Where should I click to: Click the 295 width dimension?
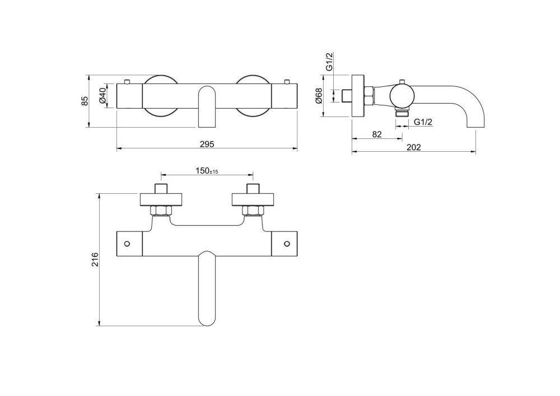tap(207, 144)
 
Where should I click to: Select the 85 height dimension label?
tap(85, 101)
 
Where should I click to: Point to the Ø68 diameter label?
tap(319, 96)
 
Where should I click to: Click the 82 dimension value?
tap(377, 134)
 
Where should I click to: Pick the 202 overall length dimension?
tap(414, 147)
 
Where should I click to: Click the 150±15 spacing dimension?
tap(207, 171)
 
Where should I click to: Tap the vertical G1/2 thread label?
tap(330, 62)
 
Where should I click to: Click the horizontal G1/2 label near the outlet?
tap(423, 122)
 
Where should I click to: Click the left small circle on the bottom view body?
tap(127, 244)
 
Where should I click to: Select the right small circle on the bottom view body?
tap(287, 244)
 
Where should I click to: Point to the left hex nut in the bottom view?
tap(161, 211)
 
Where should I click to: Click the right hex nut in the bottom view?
tap(253, 211)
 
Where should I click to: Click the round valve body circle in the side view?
tap(402, 96)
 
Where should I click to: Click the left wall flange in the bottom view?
tap(161, 199)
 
